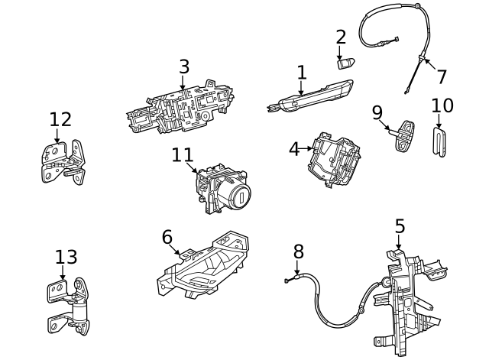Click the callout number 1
302,73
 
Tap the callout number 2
341,37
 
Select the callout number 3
183,66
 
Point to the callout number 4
295,149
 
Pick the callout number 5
400,226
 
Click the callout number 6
167,237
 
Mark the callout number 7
442,76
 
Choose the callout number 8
299,251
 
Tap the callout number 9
377,112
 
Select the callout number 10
442,105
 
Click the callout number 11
183,155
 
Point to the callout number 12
60,119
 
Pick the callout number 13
66,257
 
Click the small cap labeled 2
345,63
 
